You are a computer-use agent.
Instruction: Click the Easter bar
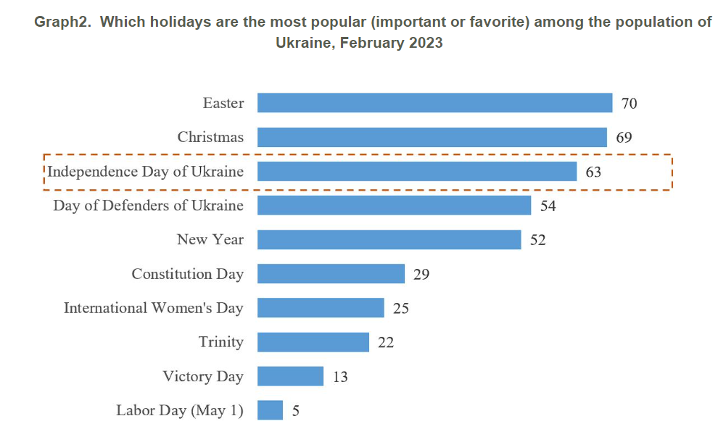[x=434, y=103]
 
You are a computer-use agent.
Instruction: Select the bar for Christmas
[x=432, y=137]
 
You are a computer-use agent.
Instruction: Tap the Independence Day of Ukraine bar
[x=417, y=171]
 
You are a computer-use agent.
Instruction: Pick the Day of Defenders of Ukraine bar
[x=394, y=205]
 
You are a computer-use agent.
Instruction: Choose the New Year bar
[x=389, y=239]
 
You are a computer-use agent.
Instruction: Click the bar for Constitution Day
[x=331, y=273]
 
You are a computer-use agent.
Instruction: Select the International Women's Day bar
[x=321, y=307]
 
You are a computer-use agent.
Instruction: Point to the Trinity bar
[x=313, y=341]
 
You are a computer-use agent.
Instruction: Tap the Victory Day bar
[x=290, y=375]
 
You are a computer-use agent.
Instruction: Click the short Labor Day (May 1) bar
[x=270, y=409]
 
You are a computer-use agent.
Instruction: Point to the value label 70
[x=629, y=104]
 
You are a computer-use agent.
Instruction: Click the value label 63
[x=593, y=172]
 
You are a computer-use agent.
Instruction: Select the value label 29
[x=421, y=274]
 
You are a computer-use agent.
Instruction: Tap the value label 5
[x=295, y=410]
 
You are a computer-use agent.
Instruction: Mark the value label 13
[x=339, y=376]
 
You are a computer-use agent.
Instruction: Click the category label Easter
[x=223, y=103]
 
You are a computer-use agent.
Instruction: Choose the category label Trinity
[x=221, y=341]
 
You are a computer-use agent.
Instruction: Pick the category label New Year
[x=210, y=239]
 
